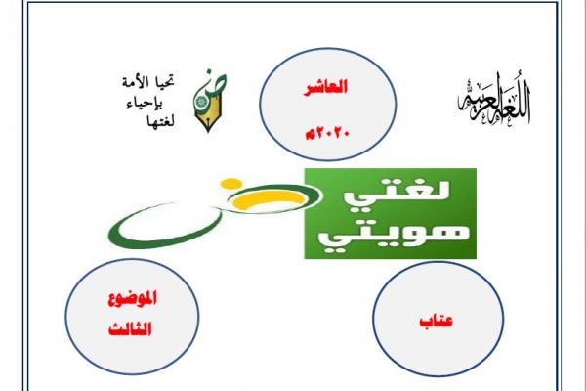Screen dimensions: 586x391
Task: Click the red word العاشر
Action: point(325,87)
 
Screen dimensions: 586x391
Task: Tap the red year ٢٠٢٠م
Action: point(327,133)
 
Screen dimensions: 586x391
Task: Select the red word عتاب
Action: point(437,321)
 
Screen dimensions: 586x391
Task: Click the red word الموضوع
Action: point(132,298)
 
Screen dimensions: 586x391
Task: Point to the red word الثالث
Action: point(130,328)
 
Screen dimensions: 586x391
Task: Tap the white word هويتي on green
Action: point(394,237)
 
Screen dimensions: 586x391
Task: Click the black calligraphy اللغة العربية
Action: point(494,101)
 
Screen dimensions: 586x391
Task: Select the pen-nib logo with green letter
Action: point(209,101)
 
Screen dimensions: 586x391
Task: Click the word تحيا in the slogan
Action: point(165,82)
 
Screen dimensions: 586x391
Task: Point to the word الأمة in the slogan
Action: point(136,82)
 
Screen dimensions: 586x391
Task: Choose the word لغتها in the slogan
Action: point(161,120)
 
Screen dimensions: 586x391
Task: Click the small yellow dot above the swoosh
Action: point(231,184)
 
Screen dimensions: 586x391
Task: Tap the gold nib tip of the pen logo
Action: point(208,126)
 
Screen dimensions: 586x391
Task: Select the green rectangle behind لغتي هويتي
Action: point(390,213)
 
